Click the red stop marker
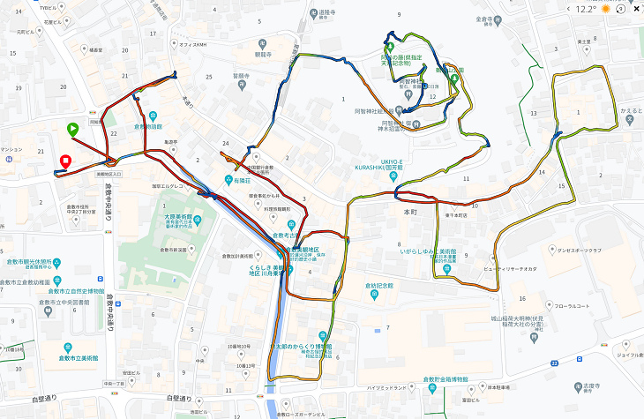[65, 161]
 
